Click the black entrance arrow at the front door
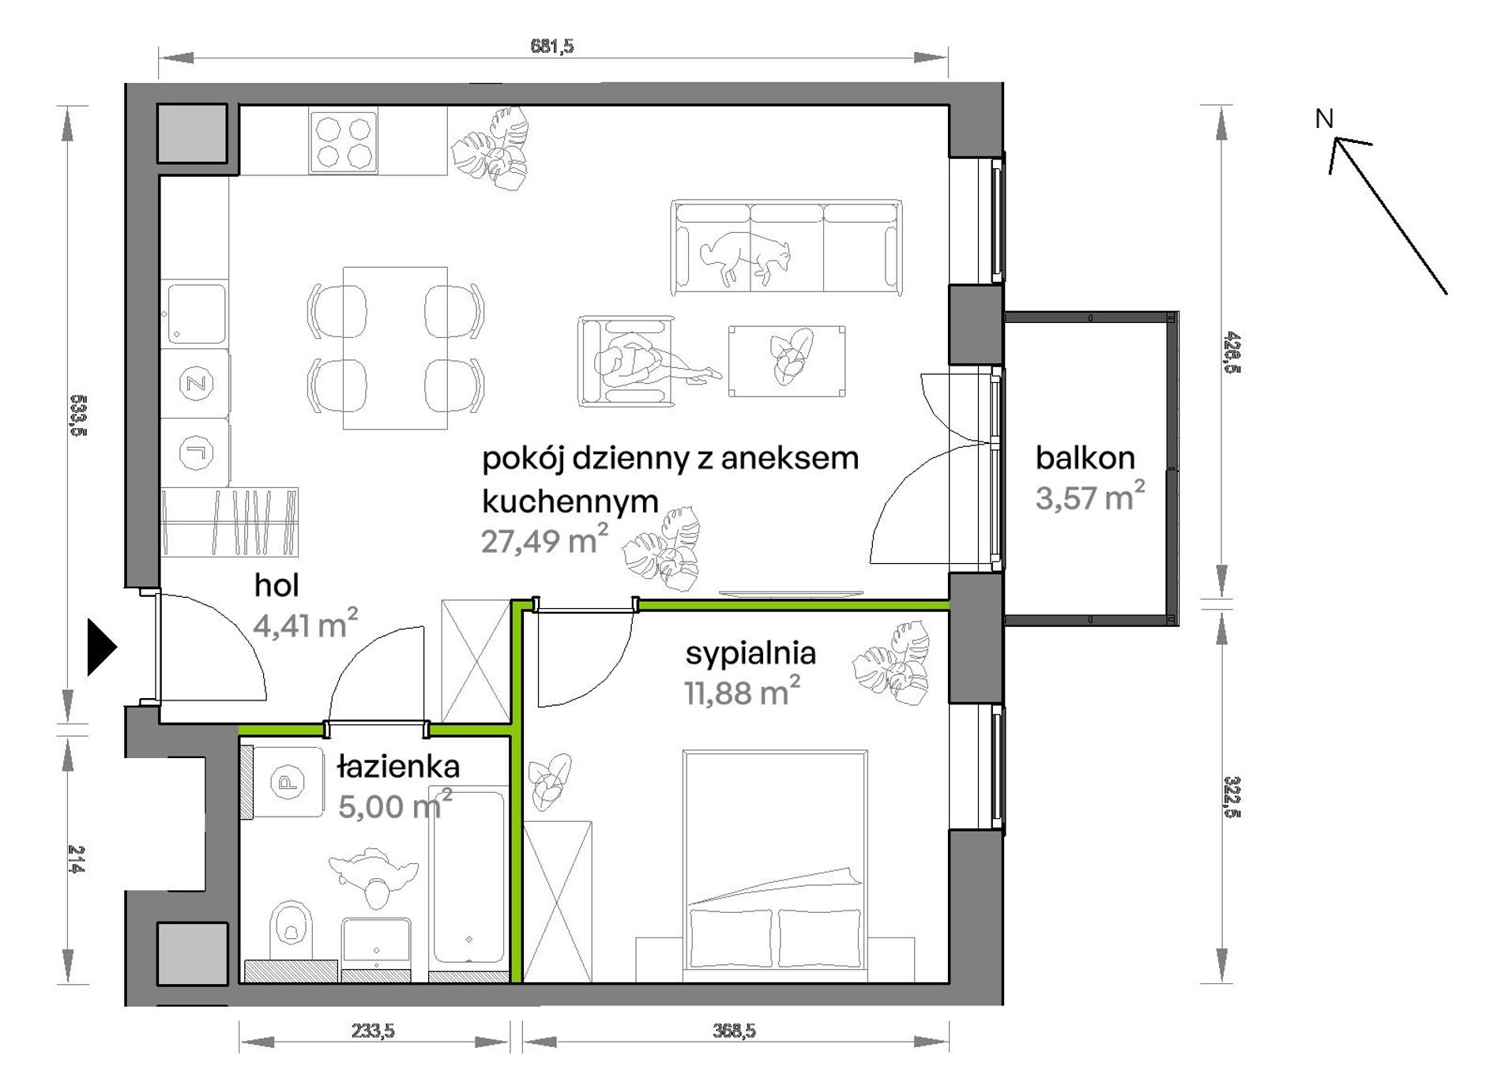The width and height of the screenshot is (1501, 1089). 100,648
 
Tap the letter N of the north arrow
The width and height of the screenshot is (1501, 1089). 1324,119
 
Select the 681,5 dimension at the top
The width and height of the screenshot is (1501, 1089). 552,47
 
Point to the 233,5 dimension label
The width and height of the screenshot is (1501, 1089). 373,1031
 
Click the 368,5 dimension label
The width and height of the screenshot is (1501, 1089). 734,1031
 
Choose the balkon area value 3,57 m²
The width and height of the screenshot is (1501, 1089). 1089,497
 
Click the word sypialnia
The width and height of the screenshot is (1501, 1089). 750,654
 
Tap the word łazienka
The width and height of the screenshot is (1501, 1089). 398,766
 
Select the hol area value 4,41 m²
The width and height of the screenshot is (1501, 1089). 305,623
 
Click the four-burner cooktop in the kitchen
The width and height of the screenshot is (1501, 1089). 344,141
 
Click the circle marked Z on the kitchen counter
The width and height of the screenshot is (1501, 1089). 196,385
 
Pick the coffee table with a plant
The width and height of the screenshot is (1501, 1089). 787,361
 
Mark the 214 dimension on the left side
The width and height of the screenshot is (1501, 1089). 76,859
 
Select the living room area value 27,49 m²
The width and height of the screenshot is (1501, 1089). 544,539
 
